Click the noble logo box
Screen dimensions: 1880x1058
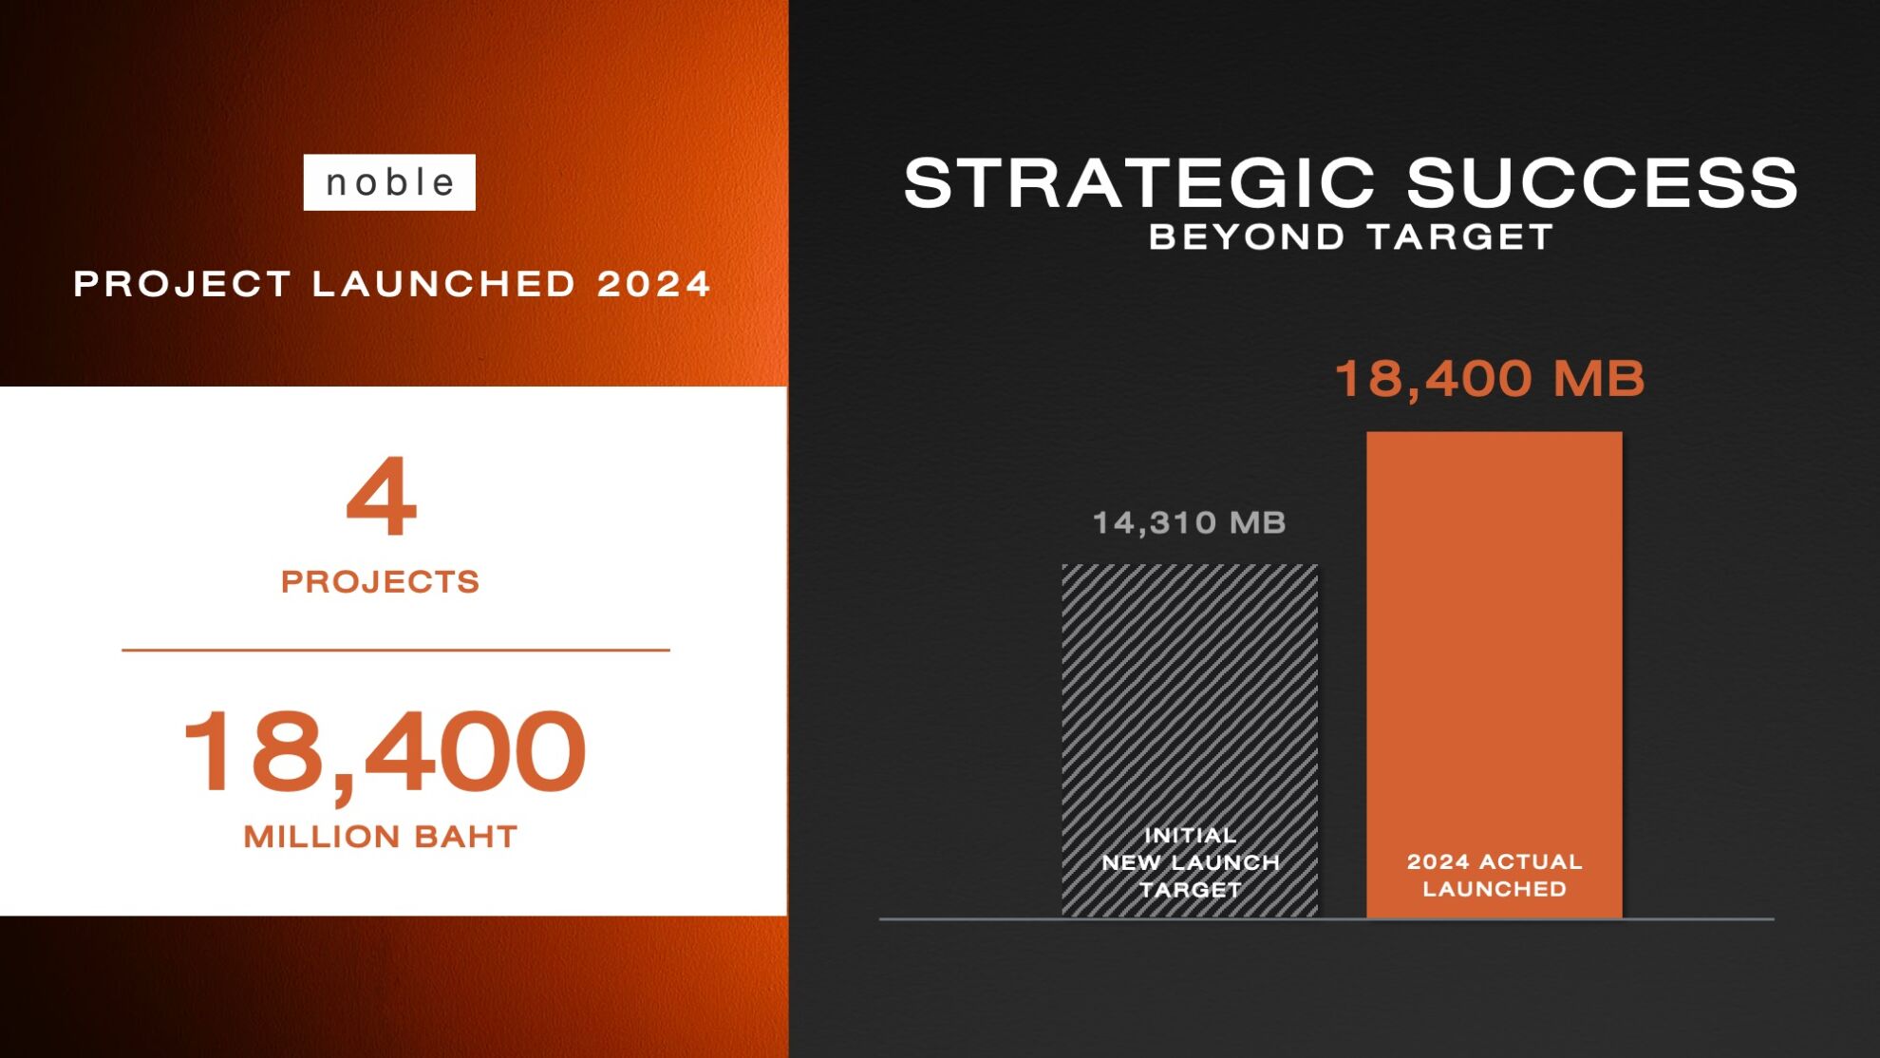(x=389, y=182)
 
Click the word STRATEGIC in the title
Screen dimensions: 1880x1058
(x=1139, y=182)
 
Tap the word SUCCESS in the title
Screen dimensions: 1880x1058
(x=1602, y=182)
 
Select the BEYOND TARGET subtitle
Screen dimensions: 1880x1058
(x=1350, y=236)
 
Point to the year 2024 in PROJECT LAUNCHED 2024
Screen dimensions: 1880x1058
(x=654, y=284)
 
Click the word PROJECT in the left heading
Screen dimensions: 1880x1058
(x=181, y=284)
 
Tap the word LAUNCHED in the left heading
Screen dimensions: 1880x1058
(x=443, y=284)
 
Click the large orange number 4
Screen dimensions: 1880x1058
(x=381, y=495)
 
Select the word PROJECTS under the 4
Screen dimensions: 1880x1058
(x=380, y=581)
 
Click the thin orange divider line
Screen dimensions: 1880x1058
(x=396, y=650)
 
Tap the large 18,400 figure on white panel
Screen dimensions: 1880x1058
(x=384, y=751)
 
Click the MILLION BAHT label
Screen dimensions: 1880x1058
(x=380, y=837)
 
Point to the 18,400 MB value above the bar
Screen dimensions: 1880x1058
(x=1490, y=379)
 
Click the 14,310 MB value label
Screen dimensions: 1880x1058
(x=1190, y=522)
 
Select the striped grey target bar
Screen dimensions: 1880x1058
(x=1190, y=741)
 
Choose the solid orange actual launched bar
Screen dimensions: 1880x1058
(x=1495, y=674)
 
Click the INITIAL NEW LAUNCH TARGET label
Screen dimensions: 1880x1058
(x=1191, y=862)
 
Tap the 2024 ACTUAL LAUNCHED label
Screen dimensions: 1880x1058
(x=1495, y=875)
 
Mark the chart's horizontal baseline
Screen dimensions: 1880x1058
(x=1326, y=918)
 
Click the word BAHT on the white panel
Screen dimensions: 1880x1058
(x=466, y=837)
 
